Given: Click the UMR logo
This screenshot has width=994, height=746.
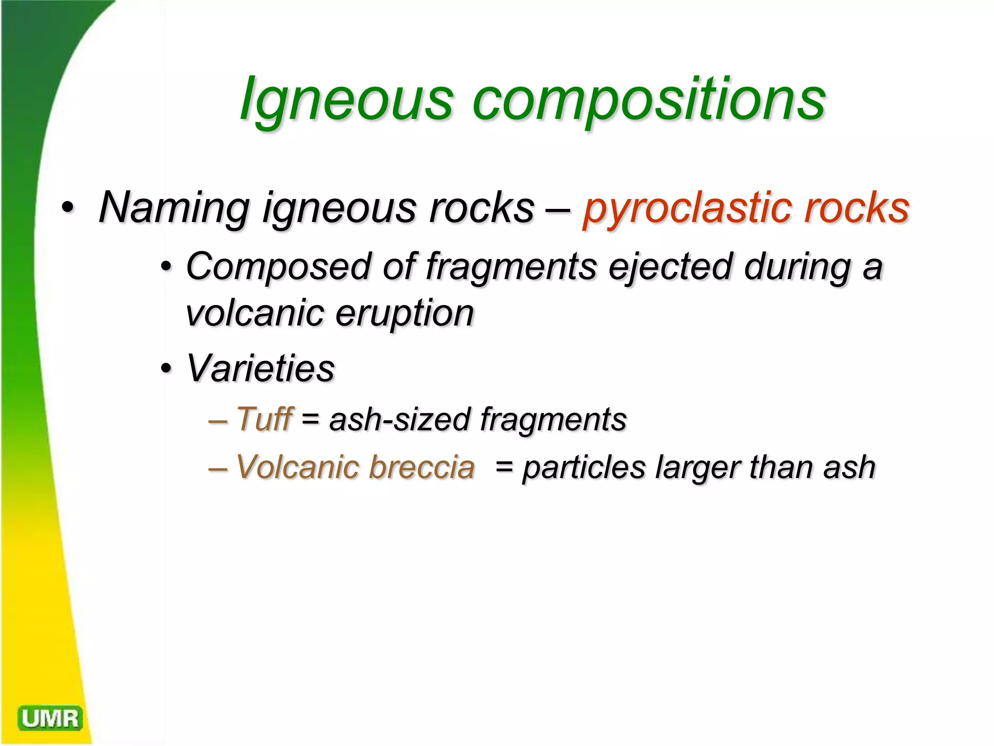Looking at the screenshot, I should tap(50, 718).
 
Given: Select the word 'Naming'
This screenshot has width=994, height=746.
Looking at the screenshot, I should tap(174, 208).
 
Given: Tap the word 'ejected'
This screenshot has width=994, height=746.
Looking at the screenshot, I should tap(670, 267).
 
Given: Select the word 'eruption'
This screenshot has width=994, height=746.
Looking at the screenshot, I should tap(404, 314).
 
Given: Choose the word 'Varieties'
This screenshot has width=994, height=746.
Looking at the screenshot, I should tap(261, 368).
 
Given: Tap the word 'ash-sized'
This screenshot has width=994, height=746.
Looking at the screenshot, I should tap(399, 419).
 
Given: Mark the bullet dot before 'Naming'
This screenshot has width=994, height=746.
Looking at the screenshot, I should tap(68, 208).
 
